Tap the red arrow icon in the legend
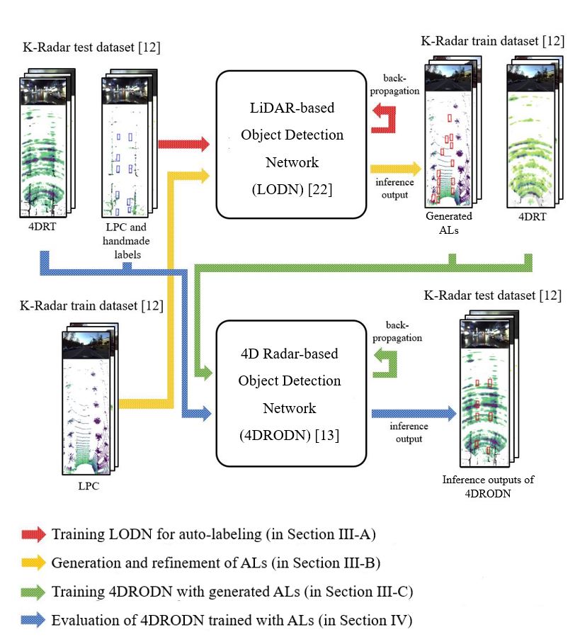(34, 534)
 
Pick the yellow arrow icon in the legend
(34, 563)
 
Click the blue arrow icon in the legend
(34, 621)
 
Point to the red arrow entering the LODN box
(183, 145)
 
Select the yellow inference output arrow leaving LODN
(395, 169)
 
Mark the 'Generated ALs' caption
(448, 222)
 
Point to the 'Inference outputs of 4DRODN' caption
(488, 487)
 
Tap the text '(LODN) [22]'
(292, 190)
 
